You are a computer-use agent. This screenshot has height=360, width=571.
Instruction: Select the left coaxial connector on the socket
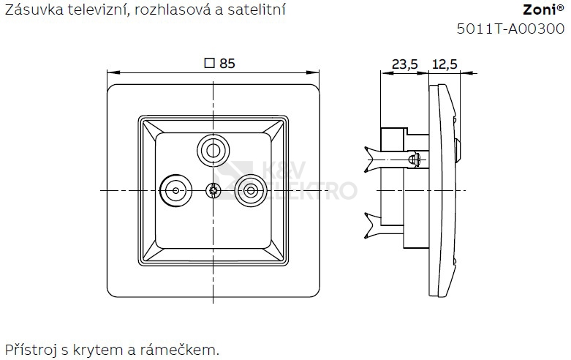click(x=175, y=192)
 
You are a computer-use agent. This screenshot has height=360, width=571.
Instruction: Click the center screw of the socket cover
click(x=213, y=192)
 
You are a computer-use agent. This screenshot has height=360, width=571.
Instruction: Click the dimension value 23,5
click(x=404, y=64)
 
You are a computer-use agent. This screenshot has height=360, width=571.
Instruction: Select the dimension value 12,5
click(x=444, y=64)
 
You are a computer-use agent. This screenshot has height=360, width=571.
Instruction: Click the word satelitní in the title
click(x=259, y=10)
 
